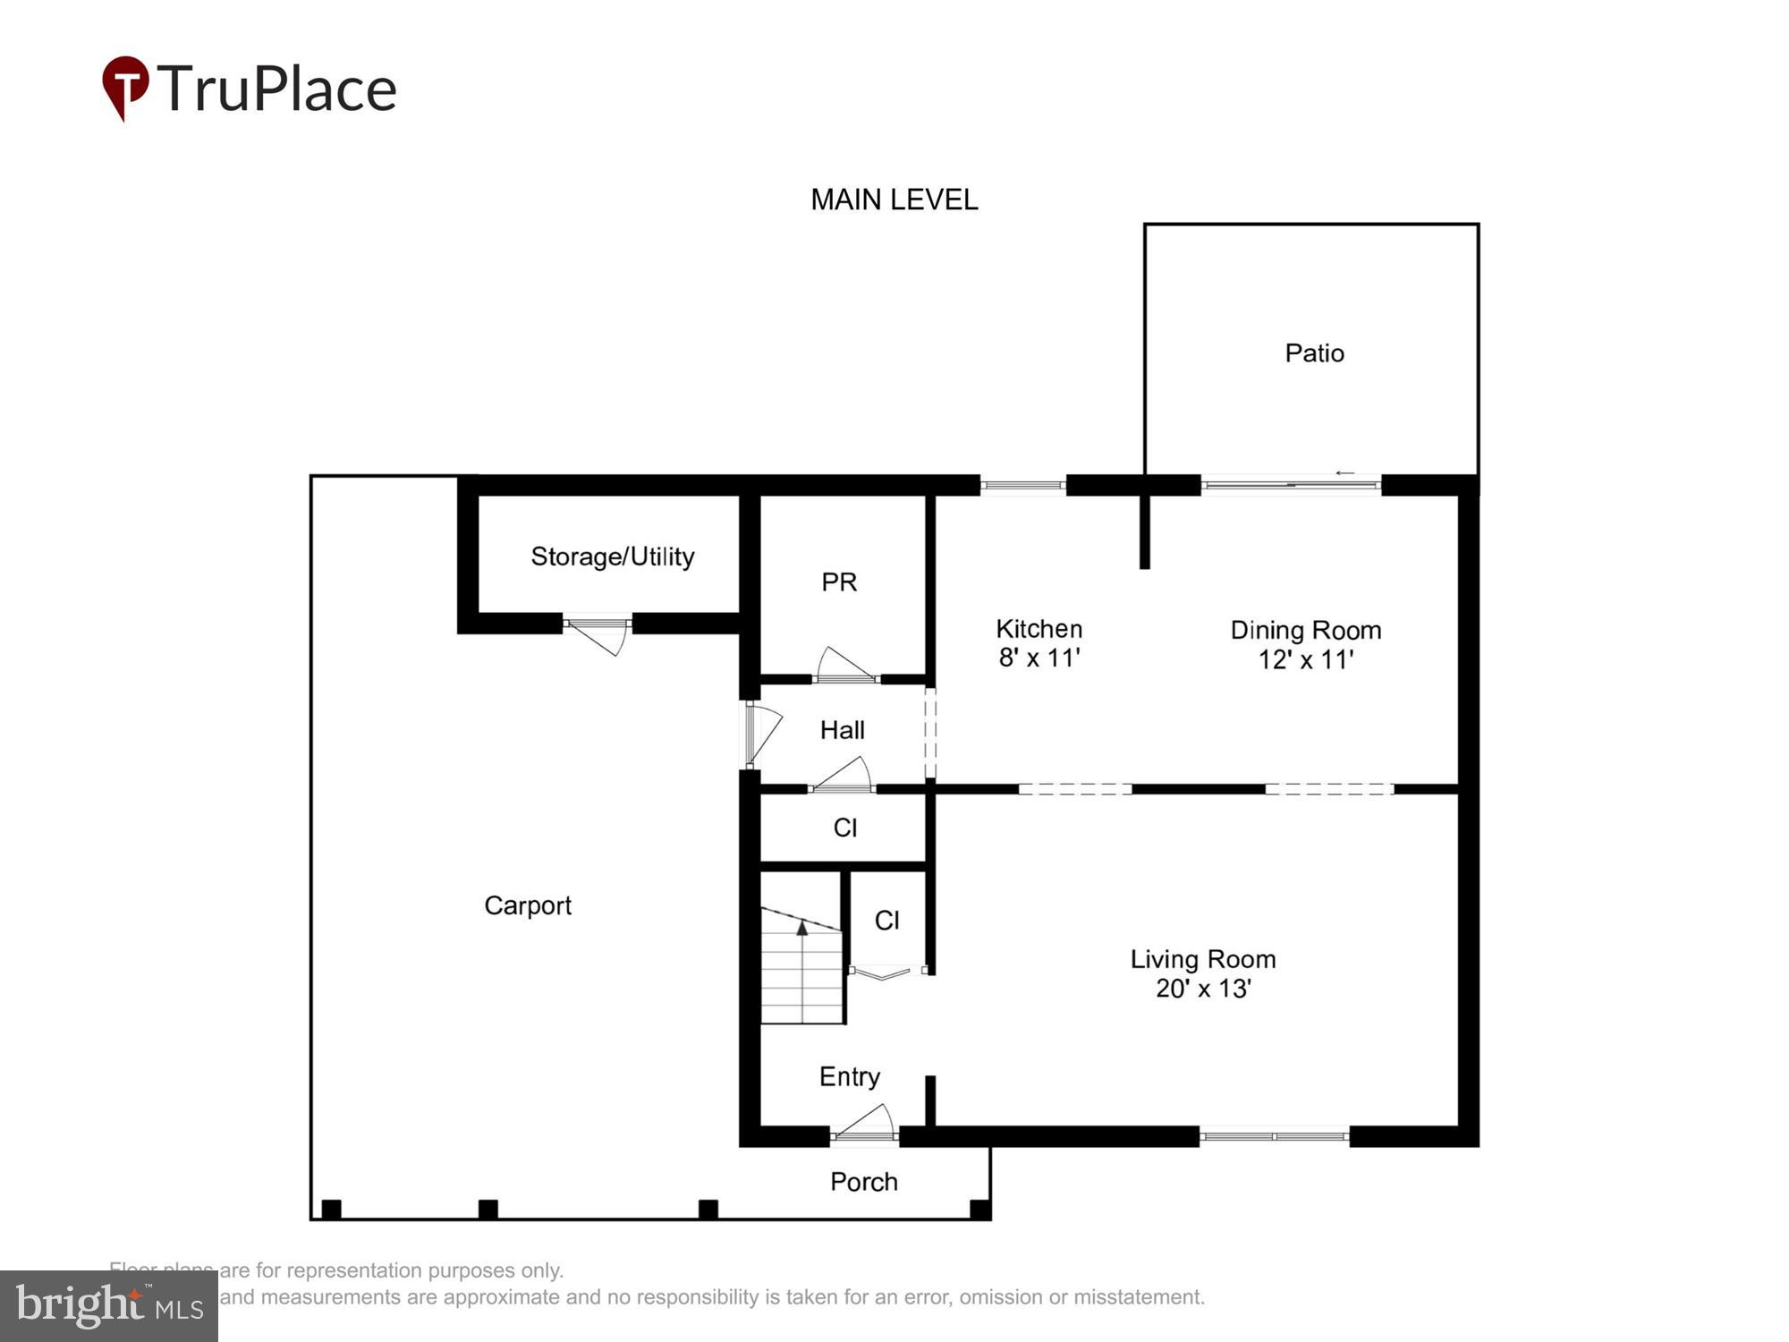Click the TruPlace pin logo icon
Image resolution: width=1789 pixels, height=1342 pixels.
(x=125, y=87)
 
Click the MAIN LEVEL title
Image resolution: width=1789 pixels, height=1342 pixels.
(x=894, y=200)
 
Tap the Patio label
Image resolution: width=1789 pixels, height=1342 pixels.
(x=1314, y=353)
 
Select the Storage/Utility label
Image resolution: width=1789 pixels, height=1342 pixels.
(x=612, y=556)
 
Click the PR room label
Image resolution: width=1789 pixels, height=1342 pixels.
(x=839, y=582)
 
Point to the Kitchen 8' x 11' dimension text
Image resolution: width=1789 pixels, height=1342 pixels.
(x=1039, y=658)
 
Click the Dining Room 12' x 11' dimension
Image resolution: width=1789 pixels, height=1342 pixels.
(x=1305, y=660)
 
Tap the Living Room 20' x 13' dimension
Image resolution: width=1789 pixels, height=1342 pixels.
(x=1202, y=989)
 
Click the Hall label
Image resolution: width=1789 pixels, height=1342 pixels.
(x=842, y=730)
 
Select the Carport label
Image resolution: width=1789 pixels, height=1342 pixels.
(x=527, y=905)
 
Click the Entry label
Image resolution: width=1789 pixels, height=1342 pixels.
(x=849, y=1076)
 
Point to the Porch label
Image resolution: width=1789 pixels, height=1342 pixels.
(x=863, y=1182)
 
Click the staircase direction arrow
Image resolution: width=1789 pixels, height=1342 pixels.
(x=802, y=930)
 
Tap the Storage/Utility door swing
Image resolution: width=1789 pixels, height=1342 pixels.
(x=598, y=636)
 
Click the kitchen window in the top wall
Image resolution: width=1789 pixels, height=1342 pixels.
(x=1022, y=486)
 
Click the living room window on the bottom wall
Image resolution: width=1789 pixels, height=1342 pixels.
(x=1274, y=1136)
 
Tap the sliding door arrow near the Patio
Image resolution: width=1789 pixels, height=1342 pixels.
(x=1344, y=473)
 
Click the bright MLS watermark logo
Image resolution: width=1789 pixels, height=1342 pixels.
(x=109, y=1305)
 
